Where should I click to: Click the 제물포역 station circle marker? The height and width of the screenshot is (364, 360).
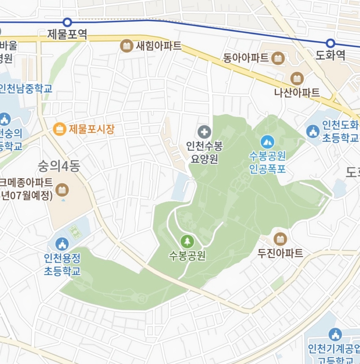(x=67, y=22)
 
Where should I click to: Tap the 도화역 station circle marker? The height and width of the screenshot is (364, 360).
(x=330, y=43)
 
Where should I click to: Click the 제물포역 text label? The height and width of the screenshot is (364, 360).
(x=67, y=34)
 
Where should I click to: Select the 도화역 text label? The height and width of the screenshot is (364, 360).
(x=330, y=55)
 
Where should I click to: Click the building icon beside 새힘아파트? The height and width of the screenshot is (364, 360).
(x=126, y=46)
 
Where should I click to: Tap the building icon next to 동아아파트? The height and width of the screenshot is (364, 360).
(x=278, y=58)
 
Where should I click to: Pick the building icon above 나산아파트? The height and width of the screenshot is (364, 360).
(x=297, y=79)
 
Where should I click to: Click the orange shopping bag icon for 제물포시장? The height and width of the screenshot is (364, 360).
(x=59, y=129)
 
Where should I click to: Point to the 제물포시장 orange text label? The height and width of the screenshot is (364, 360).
(x=91, y=129)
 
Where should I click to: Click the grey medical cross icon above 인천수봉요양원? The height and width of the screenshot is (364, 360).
(x=204, y=132)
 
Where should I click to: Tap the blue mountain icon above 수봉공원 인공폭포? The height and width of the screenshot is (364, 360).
(x=267, y=142)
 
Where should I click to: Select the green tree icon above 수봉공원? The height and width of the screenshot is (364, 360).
(x=187, y=241)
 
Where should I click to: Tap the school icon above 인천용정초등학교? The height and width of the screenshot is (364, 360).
(x=62, y=244)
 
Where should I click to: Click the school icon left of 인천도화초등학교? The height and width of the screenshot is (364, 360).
(x=313, y=132)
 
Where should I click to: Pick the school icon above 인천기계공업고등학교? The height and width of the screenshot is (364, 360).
(x=335, y=334)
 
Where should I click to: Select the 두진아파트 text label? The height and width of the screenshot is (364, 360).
(x=280, y=253)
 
